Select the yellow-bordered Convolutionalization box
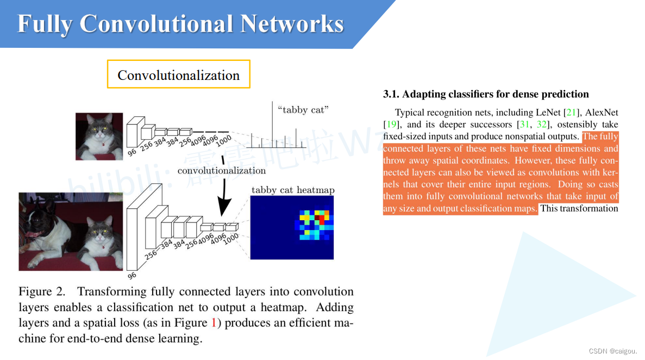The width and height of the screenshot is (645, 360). pyautogui.click(x=179, y=75)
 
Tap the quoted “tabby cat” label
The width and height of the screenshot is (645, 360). pyautogui.click(x=303, y=110)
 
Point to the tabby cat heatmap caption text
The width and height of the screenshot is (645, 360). pyautogui.click(x=293, y=190)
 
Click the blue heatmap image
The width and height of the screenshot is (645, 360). pyautogui.click(x=292, y=227)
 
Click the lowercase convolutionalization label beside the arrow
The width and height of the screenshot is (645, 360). pyautogui.click(x=222, y=171)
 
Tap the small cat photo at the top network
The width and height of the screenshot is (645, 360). pyautogui.click(x=99, y=136)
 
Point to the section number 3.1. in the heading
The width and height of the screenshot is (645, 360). pyautogui.click(x=391, y=95)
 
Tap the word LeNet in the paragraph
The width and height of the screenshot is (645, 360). pyautogui.click(x=546, y=113)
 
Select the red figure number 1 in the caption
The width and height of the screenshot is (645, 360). pyautogui.click(x=213, y=323)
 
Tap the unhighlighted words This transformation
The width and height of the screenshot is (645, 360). pyautogui.click(x=579, y=208)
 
